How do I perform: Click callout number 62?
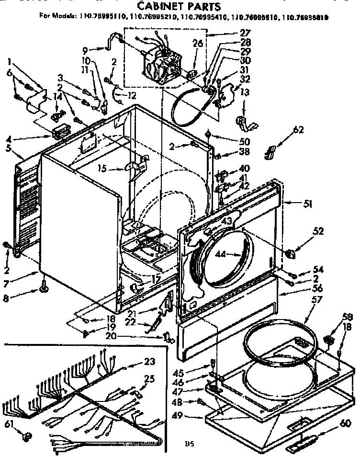(298, 129)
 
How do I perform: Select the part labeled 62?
(270, 152)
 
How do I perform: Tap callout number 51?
(307, 204)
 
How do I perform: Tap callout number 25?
(150, 378)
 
